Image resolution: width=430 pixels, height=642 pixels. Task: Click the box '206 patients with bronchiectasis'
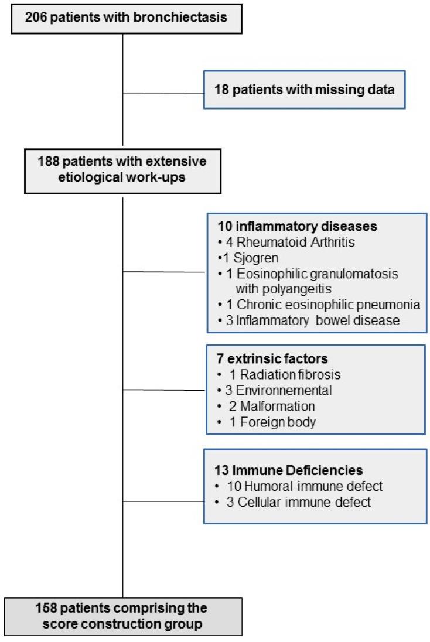click(x=122, y=17)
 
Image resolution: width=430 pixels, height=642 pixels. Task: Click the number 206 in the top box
click(x=36, y=17)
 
